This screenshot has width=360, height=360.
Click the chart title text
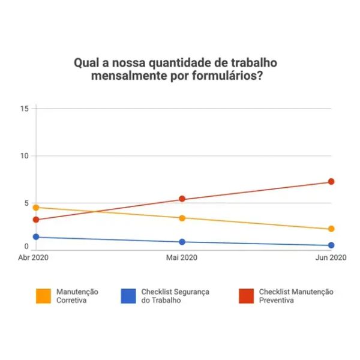(x=176, y=70)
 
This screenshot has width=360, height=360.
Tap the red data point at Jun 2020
(x=331, y=182)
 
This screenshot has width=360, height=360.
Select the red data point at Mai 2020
(x=182, y=199)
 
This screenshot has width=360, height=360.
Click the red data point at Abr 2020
(x=36, y=220)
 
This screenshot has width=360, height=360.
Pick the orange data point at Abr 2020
(x=36, y=208)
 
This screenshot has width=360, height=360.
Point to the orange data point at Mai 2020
(x=182, y=218)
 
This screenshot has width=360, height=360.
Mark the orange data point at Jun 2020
(x=331, y=229)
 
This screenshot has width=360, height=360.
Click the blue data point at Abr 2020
(x=36, y=237)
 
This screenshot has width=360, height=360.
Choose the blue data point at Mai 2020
(x=182, y=242)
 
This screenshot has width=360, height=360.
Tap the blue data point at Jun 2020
(x=331, y=245)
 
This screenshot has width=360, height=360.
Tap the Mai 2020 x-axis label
(x=181, y=257)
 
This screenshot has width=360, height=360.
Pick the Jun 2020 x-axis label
(x=331, y=257)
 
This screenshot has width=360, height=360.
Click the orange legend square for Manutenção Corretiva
(x=43, y=296)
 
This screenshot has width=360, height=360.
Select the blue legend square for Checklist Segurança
(x=128, y=296)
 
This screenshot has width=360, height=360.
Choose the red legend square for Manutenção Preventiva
(x=246, y=296)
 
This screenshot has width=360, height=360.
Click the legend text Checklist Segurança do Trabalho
(x=175, y=296)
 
